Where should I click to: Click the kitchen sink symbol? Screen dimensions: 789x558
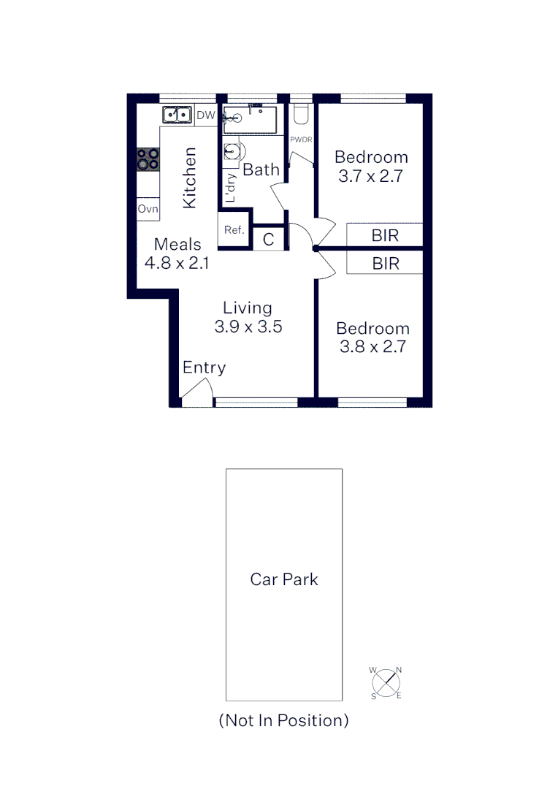tap(177, 115)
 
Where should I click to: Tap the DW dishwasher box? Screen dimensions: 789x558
tap(206, 115)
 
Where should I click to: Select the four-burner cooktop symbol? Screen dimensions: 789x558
tap(148, 159)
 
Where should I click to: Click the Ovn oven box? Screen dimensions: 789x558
tap(148, 209)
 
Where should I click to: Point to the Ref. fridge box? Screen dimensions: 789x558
tap(234, 230)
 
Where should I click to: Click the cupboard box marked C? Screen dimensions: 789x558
tap(268, 240)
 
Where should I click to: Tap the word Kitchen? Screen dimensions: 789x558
tap(190, 178)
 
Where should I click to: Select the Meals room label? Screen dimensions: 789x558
tap(177, 244)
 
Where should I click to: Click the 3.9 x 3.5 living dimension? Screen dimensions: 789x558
tap(248, 327)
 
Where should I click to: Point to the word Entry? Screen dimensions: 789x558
tap(204, 367)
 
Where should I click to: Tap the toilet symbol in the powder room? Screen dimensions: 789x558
tap(301, 115)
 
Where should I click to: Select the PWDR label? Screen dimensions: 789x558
tap(301, 139)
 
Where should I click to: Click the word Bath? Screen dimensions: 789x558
tap(261, 169)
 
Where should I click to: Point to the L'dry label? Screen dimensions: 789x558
tap(231, 188)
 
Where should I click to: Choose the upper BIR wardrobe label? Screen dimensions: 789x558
tap(385, 236)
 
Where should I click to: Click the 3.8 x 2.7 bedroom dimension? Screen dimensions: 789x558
tap(372, 347)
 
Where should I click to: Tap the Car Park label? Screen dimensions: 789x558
tap(284, 579)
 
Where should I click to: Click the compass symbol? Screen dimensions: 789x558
tap(386, 683)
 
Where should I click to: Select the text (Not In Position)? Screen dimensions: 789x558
tap(284, 720)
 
